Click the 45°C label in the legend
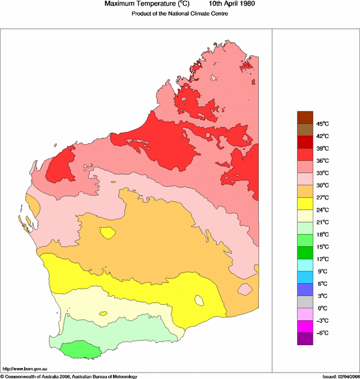point(322,124)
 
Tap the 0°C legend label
point(322,308)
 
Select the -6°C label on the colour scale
point(322,332)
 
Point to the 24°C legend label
point(322,210)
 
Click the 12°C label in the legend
point(322,259)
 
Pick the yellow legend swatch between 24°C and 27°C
point(305,204)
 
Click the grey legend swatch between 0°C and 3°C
point(305,302)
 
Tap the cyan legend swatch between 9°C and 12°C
point(305,265)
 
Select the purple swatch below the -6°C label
point(305,339)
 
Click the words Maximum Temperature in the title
point(144,4)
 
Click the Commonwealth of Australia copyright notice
point(69,376)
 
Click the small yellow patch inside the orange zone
point(107,233)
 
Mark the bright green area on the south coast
point(81,349)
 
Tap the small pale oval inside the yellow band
point(200,300)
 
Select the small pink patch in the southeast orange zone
point(246,289)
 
